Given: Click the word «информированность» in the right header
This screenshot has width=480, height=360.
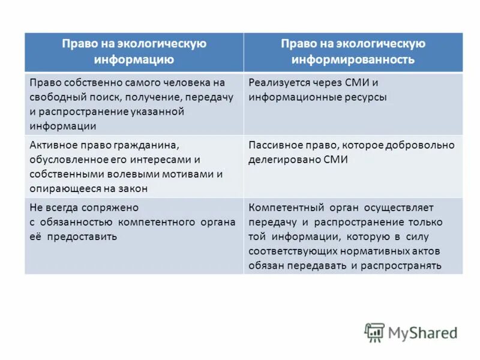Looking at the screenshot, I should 353,59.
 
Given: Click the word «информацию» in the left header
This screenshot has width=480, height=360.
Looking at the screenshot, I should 134,59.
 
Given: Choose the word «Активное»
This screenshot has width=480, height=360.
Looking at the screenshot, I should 54,146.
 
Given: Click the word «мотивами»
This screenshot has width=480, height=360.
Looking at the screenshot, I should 188,175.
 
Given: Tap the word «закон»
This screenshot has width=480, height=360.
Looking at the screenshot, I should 133,189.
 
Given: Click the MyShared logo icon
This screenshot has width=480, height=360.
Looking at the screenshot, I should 374,332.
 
